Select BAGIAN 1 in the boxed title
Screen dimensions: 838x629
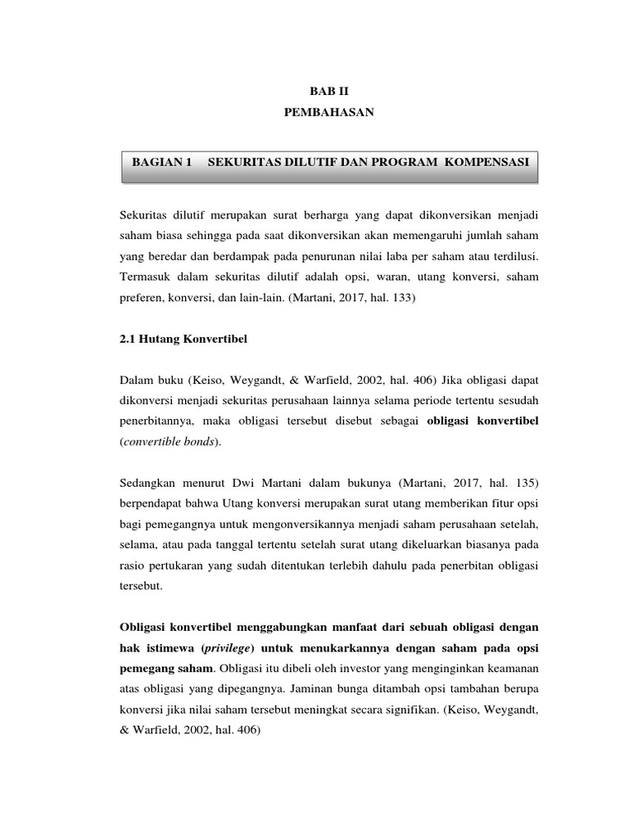(161, 163)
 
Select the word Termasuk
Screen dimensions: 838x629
(144, 277)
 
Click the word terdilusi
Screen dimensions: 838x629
(516, 256)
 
